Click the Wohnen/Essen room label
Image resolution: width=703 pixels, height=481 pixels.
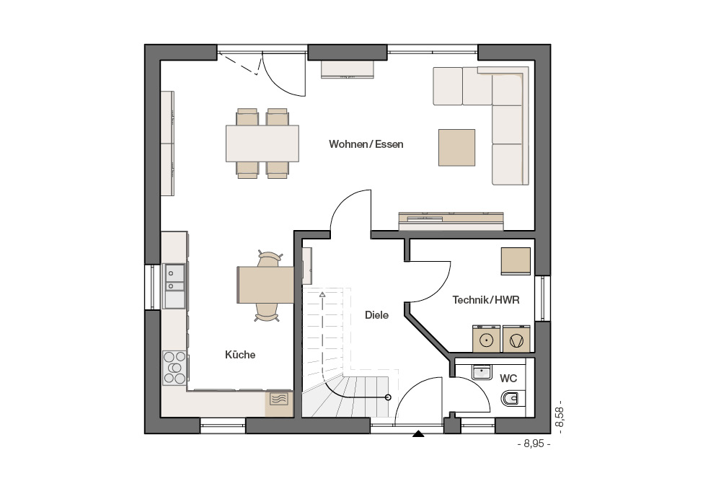[x=366, y=144]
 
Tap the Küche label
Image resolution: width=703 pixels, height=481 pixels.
[x=240, y=355]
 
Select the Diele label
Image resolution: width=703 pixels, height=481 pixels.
[x=376, y=315]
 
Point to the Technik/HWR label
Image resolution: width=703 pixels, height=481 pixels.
[x=486, y=300]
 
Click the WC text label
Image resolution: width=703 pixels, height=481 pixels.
[x=508, y=379]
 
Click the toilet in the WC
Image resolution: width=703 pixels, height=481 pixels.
[x=513, y=398]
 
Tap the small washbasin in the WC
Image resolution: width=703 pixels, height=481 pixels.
[x=482, y=372]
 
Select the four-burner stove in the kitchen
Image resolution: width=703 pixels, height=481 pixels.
[x=174, y=368]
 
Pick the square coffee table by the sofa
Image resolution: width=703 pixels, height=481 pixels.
[x=456, y=148]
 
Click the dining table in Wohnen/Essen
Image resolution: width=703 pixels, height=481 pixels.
[x=262, y=144]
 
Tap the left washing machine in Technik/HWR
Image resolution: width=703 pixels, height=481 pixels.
[x=487, y=340]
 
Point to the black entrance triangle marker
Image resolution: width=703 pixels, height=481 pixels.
[x=418, y=434]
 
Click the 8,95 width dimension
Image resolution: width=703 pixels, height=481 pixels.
[x=534, y=444]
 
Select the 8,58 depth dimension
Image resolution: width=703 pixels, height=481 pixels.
[x=559, y=417]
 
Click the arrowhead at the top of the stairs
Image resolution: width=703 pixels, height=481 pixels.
[x=322, y=294]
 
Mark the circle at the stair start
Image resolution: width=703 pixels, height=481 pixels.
[x=388, y=397]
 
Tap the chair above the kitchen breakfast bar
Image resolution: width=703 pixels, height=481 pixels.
[x=268, y=260]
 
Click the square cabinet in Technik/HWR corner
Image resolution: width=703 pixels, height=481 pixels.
[x=516, y=261]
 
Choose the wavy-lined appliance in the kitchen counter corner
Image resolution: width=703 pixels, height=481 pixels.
[x=279, y=399]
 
